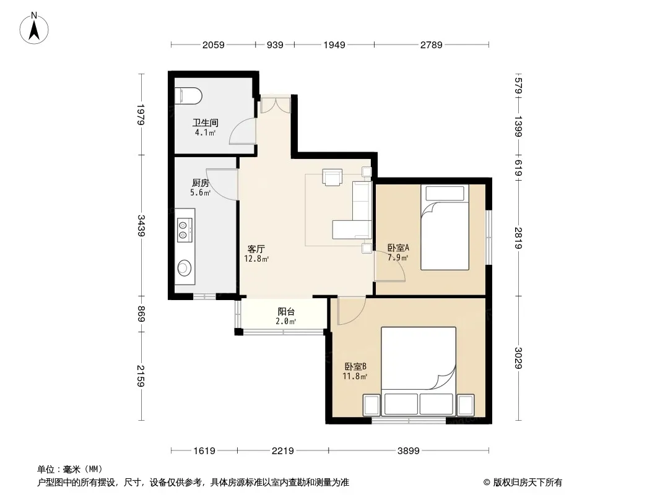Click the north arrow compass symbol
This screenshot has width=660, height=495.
tap(34, 28)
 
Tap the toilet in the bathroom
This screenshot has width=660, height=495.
tap(188, 95)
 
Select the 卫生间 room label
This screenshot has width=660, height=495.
tap(206, 123)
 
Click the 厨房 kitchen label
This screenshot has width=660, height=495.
tap(201, 183)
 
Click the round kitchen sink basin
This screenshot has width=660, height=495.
tap(184, 267)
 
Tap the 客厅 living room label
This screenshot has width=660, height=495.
tap(256, 249)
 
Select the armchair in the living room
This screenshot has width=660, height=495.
tap(332, 176)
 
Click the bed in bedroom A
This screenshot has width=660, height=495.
tap(445, 227)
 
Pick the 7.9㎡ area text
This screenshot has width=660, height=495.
tap(397, 257)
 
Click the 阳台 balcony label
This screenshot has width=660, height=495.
tap(286, 312)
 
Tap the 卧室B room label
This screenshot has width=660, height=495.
tap(355, 366)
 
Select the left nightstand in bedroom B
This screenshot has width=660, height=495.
tap(371, 405)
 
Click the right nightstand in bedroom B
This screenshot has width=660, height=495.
tap(466, 405)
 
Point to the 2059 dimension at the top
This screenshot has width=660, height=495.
tap(214, 45)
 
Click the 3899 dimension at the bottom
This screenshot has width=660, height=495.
tap(408, 451)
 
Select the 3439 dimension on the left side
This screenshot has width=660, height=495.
tap(141, 226)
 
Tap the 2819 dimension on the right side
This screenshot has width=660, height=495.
tap(518, 238)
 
